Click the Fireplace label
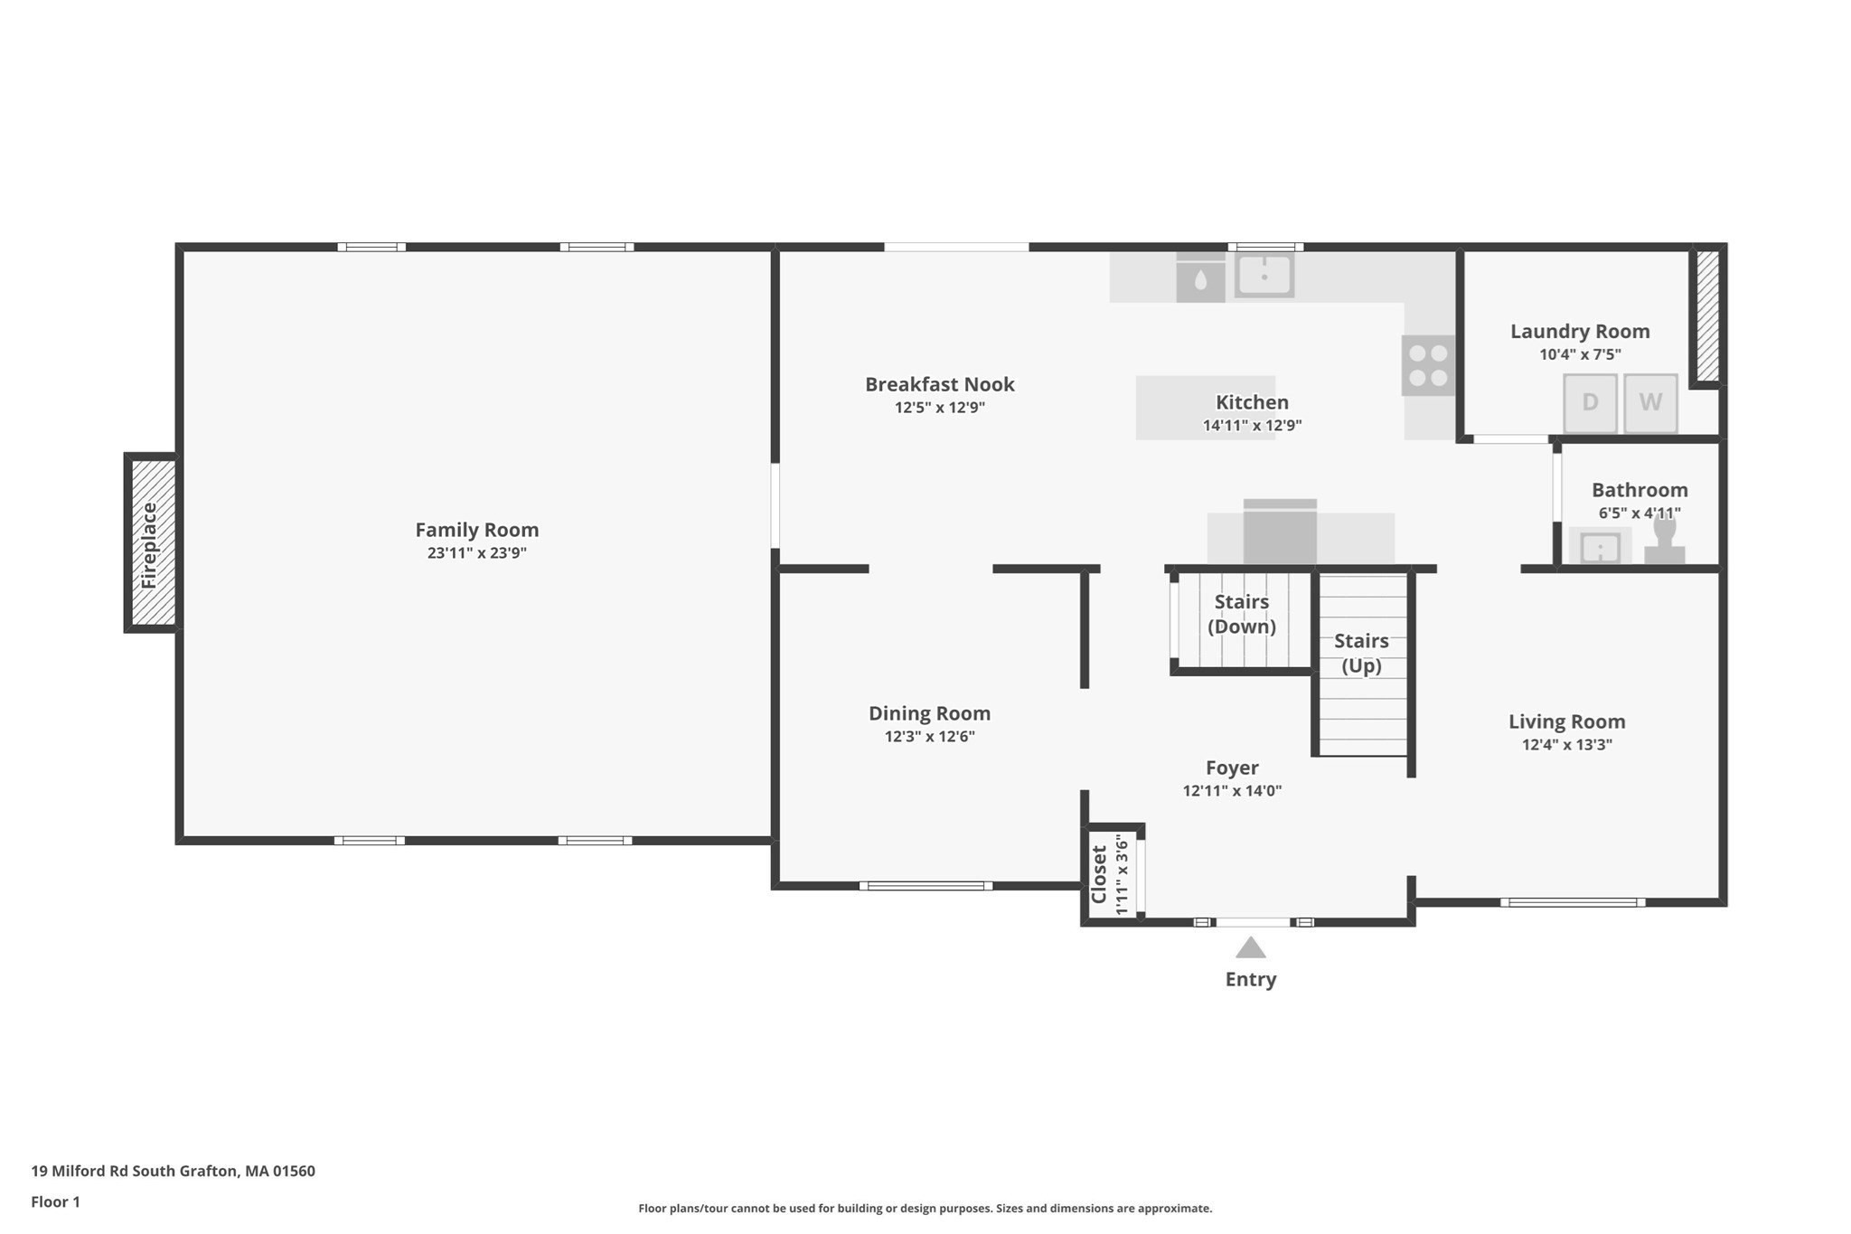click(x=149, y=545)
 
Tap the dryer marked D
click(x=1591, y=403)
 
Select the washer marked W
click(x=1650, y=403)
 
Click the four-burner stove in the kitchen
click(x=1428, y=365)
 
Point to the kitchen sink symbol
click(x=1264, y=275)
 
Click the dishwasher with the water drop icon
click(x=1200, y=278)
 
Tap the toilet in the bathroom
click(x=1664, y=540)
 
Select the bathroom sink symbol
click(x=1600, y=547)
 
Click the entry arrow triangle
click(x=1251, y=947)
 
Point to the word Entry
click(x=1251, y=979)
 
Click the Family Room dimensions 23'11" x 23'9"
click(x=477, y=553)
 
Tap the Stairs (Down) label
click(x=1242, y=614)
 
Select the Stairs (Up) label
click(x=1361, y=653)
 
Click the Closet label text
click(x=1099, y=874)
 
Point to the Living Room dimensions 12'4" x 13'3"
click(x=1567, y=745)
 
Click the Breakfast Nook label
click(x=940, y=384)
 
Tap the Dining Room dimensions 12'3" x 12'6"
click(x=930, y=737)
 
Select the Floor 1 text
click(x=56, y=1201)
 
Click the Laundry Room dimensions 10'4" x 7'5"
click(x=1581, y=354)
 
